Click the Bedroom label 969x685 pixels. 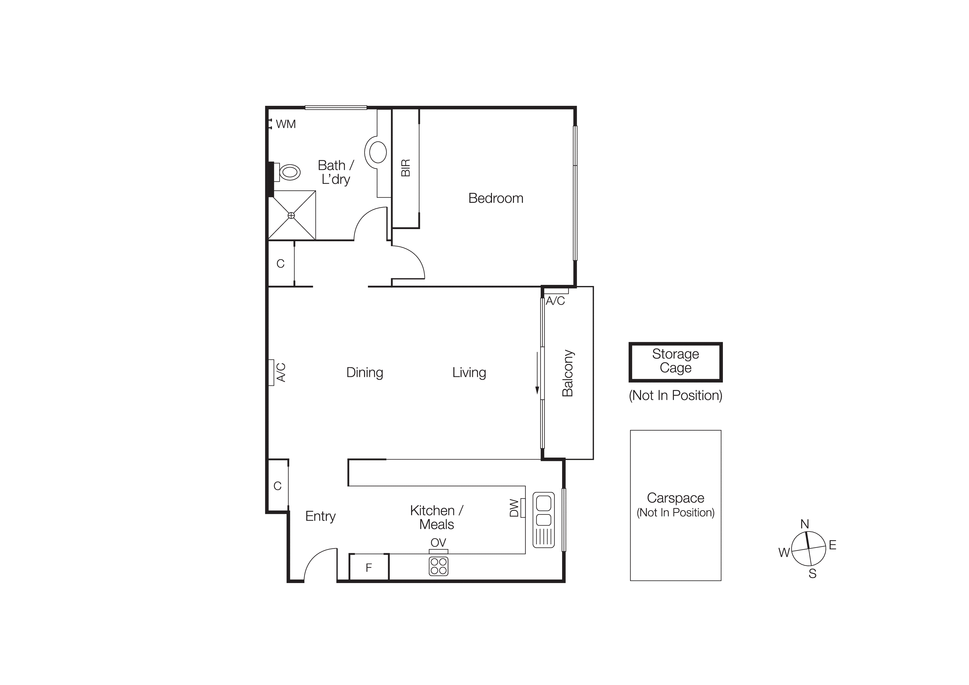point(496,198)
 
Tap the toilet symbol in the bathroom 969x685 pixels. point(289,172)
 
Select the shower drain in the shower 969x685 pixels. point(291,216)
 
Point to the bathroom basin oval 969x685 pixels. point(377,152)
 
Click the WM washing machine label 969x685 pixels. point(286,124)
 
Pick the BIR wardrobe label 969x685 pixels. point(405,168)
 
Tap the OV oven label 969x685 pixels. point(438,543)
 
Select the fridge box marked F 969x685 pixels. point(369,568)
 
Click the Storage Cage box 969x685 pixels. point(675,362)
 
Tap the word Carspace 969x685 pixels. point(675,498)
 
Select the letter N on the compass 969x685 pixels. point(804,524)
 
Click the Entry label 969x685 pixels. point(320,516)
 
